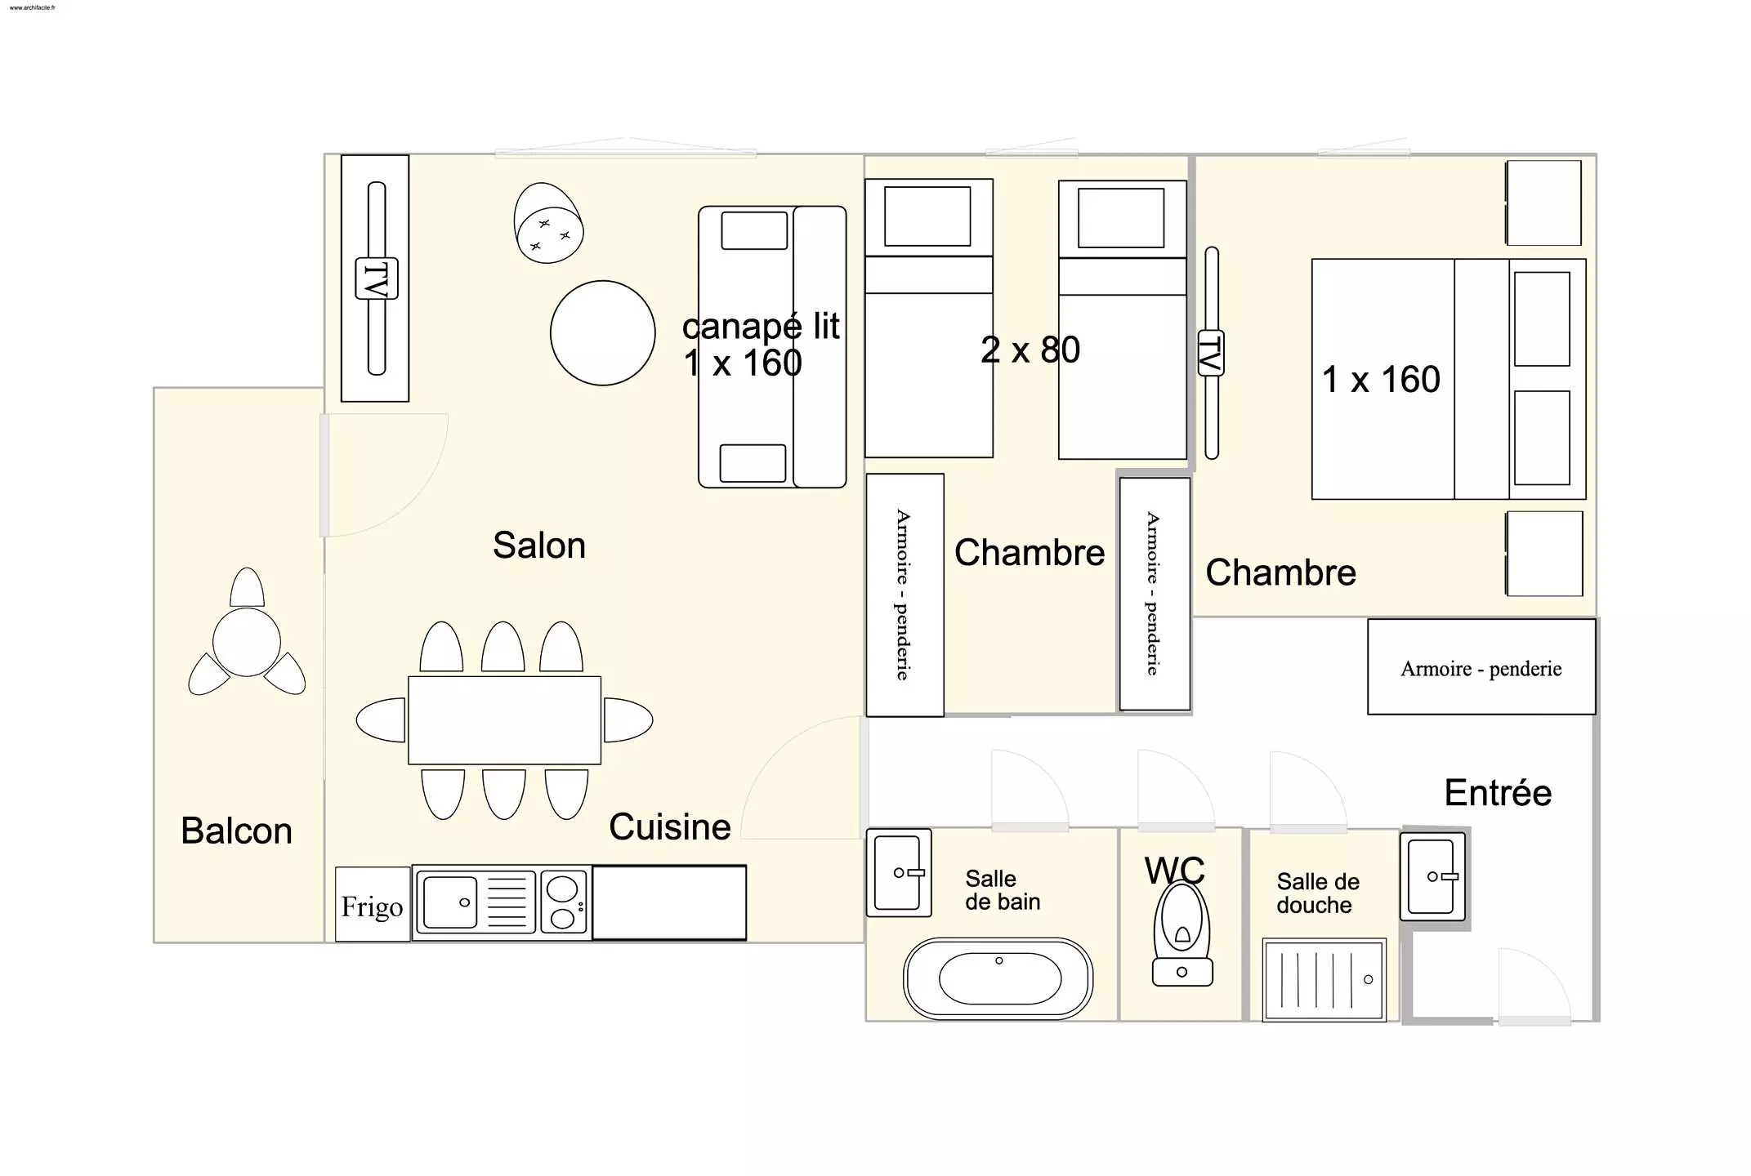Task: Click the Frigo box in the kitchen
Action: click(373, 904)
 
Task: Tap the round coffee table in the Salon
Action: click(603, 333)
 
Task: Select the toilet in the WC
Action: click(1182, 934)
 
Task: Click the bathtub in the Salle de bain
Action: click(998, 978)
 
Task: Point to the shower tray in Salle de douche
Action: click(1324, 979)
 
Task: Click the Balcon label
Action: click(237, 831)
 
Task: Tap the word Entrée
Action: click(1498, 792)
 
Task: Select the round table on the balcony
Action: click(247, 642)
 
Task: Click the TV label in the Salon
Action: click(377, 278)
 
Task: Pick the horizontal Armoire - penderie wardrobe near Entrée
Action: click(1481, 667)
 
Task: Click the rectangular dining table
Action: click(505, 720)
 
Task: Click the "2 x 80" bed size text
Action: click(1030, 350)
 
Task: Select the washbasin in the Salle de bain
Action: click(899, 873)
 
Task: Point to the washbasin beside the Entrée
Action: click(1432, 876)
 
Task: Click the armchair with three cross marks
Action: click(548, 223)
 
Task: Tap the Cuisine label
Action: click(670, 826)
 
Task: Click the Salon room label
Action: click(539, 545)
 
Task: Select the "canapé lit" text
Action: click(761, 327)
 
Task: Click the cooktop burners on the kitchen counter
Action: click(563, 902)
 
